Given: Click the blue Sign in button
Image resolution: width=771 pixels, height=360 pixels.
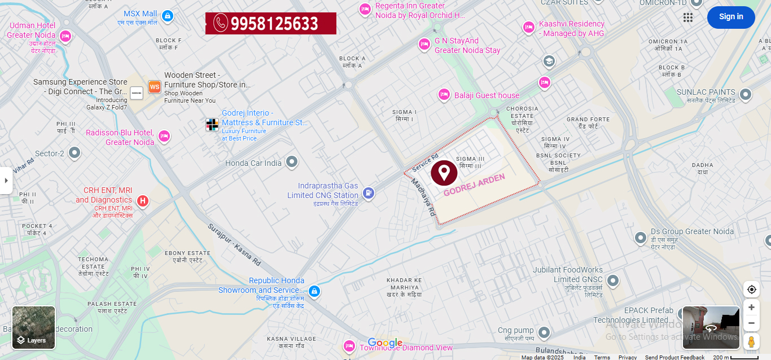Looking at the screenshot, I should tap(731, 17).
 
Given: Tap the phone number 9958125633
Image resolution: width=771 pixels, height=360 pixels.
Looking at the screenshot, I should tap(271, 23).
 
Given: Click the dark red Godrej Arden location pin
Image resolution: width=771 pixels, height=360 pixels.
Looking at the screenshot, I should tap(444, 173).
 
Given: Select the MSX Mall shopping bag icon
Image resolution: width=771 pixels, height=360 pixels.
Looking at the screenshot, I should tap(167, 16).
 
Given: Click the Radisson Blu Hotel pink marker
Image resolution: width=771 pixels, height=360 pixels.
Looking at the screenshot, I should tap(164, 136).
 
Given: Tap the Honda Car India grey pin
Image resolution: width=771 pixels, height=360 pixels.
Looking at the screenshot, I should tap(291, 162).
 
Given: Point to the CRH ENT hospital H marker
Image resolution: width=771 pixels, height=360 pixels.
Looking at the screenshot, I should tap(143, 200).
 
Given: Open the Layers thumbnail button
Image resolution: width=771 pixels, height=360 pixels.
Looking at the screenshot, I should tap(34, 327).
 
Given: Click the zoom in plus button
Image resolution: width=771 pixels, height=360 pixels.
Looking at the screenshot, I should tap(751, 308).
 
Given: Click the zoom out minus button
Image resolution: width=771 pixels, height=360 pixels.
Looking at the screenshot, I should tap(751, 323).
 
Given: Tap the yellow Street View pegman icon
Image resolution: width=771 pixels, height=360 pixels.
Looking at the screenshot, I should tap(751, 341).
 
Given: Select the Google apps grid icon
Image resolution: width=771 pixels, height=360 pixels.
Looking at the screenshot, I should tap(688, 17).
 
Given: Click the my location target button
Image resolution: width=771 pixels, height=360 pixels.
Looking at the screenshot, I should tap(751, 289).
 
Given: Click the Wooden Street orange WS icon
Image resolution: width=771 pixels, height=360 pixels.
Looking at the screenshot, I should tap(154, 87).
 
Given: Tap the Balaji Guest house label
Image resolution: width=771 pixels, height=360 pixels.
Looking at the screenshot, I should tap(487, 95).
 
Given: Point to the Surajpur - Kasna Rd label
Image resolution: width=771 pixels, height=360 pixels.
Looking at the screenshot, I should tap(234, 245).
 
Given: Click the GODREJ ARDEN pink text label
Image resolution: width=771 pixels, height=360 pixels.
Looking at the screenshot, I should tap(474, 185).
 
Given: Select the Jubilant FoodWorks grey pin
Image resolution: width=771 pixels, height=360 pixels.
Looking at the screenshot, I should tap(613, 280).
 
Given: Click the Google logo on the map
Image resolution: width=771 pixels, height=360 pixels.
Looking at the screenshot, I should tap(385, 343).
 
